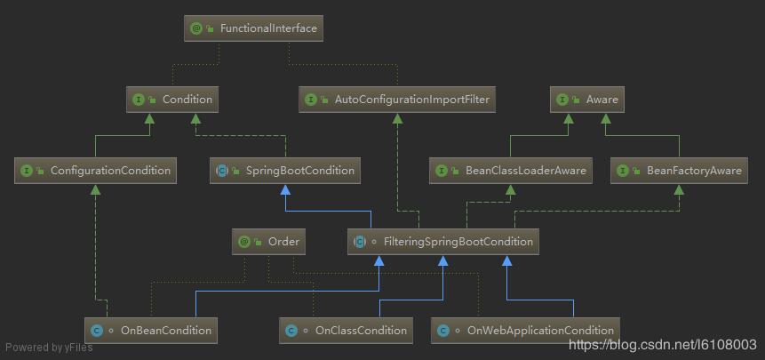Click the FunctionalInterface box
253,28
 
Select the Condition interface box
173,100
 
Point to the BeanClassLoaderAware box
512,171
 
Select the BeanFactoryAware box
680,171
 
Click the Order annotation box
269,241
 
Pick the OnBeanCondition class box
151,330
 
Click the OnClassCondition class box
347,330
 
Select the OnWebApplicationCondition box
526,330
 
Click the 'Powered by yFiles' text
49,348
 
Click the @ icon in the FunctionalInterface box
196,28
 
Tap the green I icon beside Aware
562,100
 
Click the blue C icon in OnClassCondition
290,331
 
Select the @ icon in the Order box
243,241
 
